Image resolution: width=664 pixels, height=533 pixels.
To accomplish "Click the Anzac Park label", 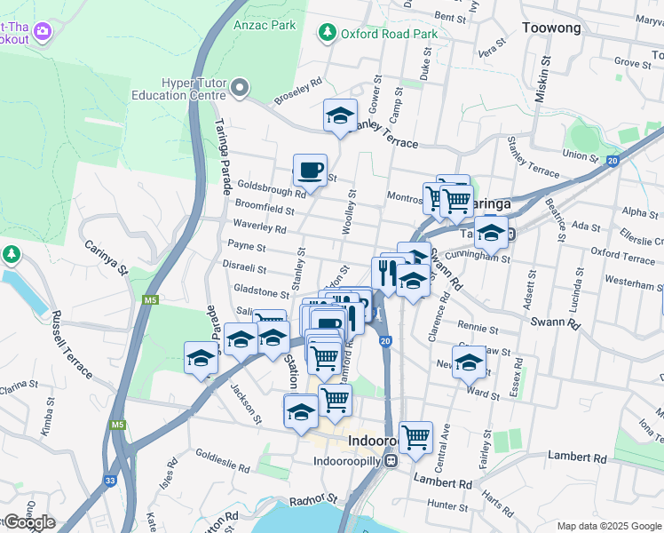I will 265,25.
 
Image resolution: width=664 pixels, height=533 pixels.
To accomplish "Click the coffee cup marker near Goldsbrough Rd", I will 310,169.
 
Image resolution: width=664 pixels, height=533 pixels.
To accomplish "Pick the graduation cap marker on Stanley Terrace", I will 339,115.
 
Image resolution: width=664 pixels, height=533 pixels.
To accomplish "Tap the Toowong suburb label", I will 552,28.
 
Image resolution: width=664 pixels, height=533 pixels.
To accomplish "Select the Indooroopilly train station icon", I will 391,461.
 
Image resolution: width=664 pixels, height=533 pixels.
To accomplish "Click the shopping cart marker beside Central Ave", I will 415,436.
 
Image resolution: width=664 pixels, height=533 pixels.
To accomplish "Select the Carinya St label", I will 107,256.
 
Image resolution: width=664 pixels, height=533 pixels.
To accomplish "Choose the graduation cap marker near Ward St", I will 470,362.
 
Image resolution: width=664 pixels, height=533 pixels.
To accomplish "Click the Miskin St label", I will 547,76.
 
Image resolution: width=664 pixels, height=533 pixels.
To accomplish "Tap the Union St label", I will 581,155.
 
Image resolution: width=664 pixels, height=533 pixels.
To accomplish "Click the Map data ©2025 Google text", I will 608,526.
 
